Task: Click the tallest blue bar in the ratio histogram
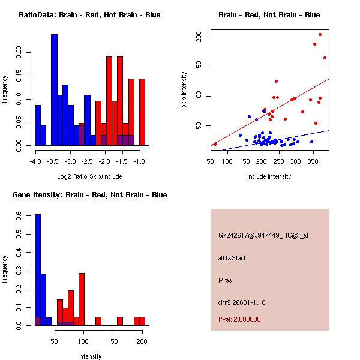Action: (54, 90)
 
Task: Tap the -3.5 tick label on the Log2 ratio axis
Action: (53, 162)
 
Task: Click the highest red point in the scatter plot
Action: (320, 35)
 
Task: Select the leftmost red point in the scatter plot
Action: (215, 144)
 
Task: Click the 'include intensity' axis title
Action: (269, 176)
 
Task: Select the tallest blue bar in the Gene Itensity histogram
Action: (37, 270)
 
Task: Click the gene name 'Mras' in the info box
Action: (225, 280)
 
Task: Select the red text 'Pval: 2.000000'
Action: (239, 319)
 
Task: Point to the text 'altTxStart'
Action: (232, 258)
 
